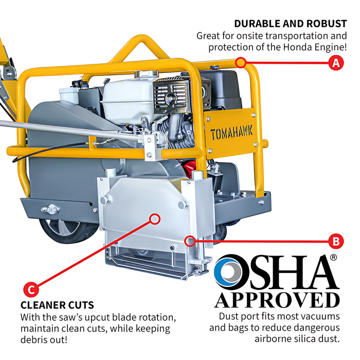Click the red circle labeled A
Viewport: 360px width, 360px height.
[x=336, y=62]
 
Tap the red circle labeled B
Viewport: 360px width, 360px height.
[x=336, y=241]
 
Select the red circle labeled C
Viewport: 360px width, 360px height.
[x=31, y=289]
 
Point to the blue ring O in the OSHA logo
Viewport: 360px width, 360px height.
[x=226, y=272]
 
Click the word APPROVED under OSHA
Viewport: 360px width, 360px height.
[x=277, y=300]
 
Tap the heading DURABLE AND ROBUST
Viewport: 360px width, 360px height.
[x=291, y=24]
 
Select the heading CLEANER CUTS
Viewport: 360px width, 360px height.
[x=57, y=305]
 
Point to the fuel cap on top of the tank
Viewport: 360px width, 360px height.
[x=146, y=74]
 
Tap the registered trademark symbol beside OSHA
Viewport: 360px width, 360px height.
[x=334, y=257]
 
